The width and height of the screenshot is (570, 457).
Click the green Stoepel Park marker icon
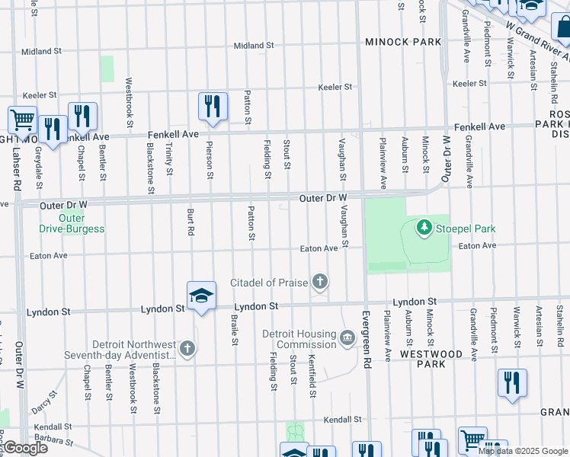424,227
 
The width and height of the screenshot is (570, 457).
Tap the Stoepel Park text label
466,228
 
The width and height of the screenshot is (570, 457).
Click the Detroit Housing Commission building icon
347,337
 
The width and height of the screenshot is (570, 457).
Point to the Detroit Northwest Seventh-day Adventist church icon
187,349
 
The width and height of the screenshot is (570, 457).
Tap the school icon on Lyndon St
200,296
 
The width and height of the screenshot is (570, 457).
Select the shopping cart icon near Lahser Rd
22,120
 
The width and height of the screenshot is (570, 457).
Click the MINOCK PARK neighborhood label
402,41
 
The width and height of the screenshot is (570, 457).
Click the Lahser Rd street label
16,171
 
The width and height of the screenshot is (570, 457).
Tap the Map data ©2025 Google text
523,451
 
